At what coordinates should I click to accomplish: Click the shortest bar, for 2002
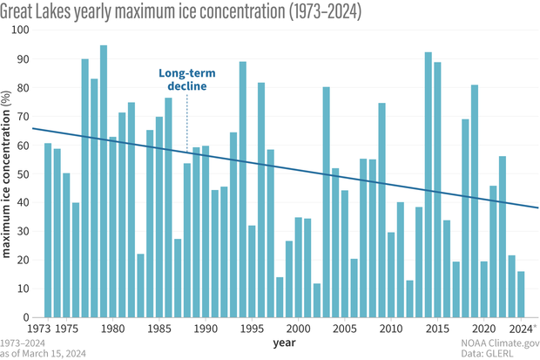tap(317, 301)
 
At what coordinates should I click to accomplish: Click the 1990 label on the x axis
tap(205, 329)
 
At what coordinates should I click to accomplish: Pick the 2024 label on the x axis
tap(522, 329)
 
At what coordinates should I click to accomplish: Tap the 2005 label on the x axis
tap(344, 329)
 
